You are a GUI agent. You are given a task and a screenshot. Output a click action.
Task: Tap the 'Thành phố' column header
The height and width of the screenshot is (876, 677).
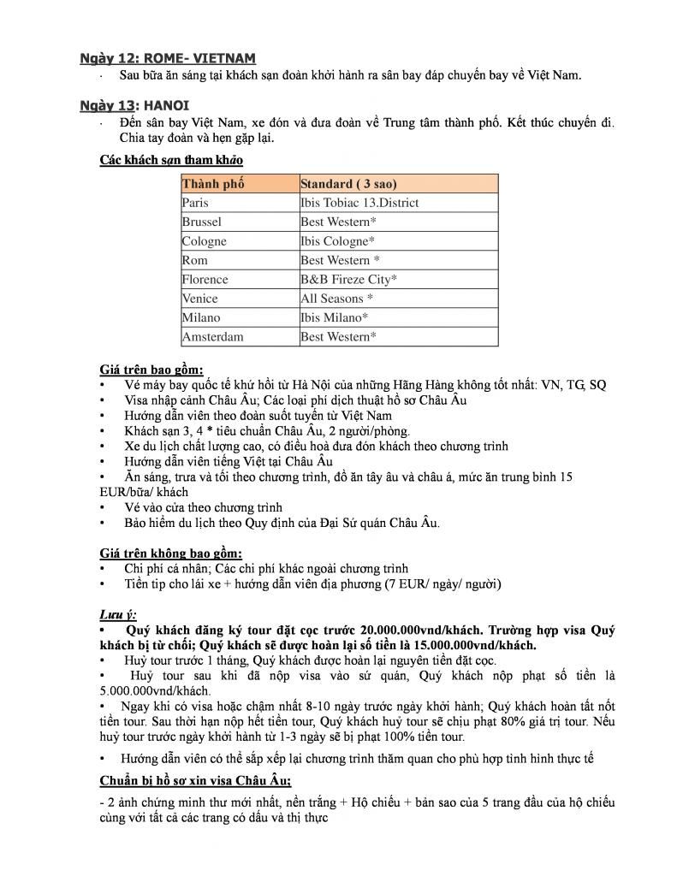pyautogui.click(x=213, y=184)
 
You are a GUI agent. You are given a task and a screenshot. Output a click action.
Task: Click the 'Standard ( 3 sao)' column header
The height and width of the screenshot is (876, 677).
pyautogui.click(x=348, y=184)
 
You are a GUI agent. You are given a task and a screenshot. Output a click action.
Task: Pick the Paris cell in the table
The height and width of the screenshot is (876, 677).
pyautogui.click(x=195, y=203)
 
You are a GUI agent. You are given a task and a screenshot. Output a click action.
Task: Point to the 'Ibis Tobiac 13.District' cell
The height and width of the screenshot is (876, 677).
pyautogui.click(x=359, y=203)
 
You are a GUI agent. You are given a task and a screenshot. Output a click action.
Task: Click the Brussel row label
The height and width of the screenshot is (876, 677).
pyautogui.click(x=201, y=222)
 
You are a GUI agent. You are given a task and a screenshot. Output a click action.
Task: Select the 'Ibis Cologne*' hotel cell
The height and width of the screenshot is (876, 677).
pyautogui.click(x=337, y=241)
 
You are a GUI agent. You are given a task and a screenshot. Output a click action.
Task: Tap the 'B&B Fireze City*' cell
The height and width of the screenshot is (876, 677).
pyautogui.click(x=348, y=279)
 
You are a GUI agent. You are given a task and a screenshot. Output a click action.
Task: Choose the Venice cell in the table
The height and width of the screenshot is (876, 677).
pyautogui.click(x=199, y=299)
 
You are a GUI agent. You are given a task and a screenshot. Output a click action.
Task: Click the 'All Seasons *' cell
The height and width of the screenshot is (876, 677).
pyautogui.click(x=336, y=299)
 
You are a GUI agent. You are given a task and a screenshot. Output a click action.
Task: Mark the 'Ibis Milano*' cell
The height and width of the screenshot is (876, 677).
pyautogui.click(x=335, y=317)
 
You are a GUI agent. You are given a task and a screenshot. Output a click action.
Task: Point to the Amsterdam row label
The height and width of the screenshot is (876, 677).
pyautogui.click(x=212, y=336)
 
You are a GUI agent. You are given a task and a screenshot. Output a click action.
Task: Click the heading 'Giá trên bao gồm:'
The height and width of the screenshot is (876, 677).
pyautogui.click(x=151, y=370)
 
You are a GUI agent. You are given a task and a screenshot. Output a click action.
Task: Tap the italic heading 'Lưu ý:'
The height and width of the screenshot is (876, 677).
pyautogui.click(x=117, y=614)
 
